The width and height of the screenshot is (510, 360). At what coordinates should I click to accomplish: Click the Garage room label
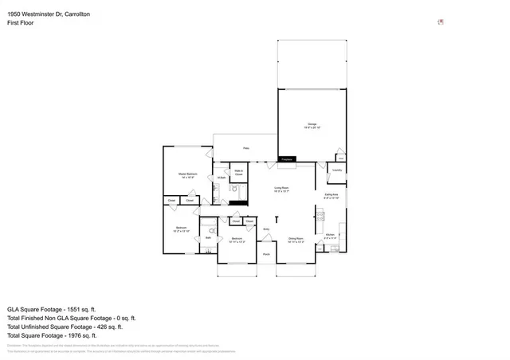[313, 125]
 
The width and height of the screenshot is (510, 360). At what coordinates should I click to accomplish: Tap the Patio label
[245, 148]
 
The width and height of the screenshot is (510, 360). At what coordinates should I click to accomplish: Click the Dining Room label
[295, 239]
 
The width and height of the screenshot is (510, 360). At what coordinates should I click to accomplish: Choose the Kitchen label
[331, 236]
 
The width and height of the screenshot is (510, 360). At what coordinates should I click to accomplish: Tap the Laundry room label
[337, 170]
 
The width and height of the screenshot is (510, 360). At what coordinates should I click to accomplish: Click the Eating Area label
[331, 195]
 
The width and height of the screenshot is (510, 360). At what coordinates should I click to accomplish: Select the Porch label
[266, 255]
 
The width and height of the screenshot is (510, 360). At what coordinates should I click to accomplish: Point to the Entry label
[266, 229]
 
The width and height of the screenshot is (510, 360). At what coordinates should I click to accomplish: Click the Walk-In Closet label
[238, 171]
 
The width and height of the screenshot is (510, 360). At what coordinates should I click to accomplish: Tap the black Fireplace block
[287, 159]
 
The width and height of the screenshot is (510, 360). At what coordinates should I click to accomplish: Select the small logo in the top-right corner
[441, 22]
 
